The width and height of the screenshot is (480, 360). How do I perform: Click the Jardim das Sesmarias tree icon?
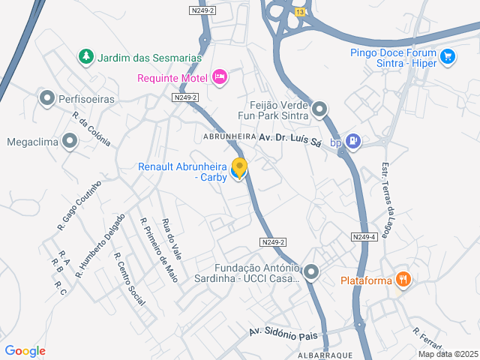87,56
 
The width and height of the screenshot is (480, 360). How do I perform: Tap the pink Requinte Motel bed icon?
219,76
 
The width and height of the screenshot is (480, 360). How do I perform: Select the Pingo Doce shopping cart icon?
448,56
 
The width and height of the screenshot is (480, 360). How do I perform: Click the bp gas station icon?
355,141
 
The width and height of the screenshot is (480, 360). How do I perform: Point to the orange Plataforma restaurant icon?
404,279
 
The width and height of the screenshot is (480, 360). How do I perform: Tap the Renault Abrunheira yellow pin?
239,169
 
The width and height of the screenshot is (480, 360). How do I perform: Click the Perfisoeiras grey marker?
47,98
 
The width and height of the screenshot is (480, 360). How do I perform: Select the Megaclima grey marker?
70,141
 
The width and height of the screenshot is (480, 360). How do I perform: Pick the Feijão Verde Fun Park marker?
320,110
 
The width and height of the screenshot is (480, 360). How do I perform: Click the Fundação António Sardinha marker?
310,271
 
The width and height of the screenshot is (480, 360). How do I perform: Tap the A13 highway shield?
300,12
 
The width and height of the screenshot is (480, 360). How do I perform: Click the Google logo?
25,351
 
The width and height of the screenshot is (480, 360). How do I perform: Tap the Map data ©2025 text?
447,354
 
